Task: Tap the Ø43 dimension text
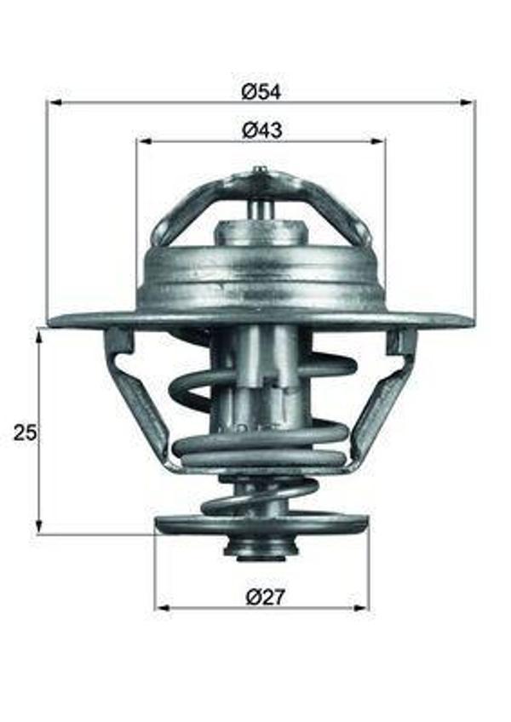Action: click(x=261, y=130)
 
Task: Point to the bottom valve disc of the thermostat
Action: click(x=261, y=523)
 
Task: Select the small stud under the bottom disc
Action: click(x=256, y=548)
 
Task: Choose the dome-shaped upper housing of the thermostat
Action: click(x=260, y=272)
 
